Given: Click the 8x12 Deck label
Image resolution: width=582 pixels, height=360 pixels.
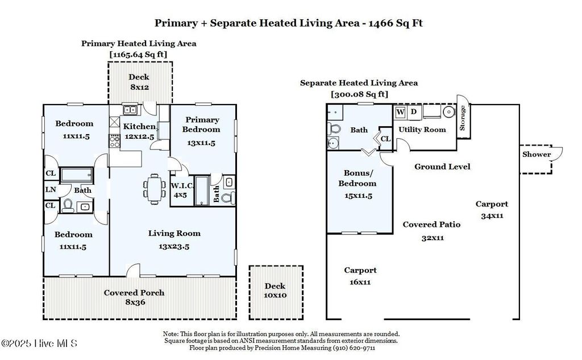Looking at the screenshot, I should tap(139, 82).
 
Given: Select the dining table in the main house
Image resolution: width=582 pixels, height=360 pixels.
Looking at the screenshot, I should tap(154, 186).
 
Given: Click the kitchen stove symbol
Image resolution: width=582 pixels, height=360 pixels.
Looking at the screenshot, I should tap(114, 140).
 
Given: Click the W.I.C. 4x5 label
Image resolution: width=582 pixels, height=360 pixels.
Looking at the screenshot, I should tap(180, 190).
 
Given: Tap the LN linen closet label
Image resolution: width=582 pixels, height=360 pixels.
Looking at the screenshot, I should tap(50, 190).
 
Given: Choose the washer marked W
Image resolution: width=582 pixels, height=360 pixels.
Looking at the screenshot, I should tap(401, 112).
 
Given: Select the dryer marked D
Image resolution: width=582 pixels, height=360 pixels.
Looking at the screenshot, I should tap(414, 112).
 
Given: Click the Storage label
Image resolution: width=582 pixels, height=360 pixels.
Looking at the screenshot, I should tap(462, 118).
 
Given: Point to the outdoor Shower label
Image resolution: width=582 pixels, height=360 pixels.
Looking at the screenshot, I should tap(537, 154).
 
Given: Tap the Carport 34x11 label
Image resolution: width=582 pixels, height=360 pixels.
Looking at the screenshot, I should tap(492, 209).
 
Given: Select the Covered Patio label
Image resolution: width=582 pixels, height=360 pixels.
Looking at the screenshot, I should tap(431, 230).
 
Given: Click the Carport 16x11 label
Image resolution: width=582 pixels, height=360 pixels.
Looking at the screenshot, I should tap(360, 276).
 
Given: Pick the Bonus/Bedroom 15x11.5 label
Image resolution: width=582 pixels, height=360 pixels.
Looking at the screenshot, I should tap(357, 183).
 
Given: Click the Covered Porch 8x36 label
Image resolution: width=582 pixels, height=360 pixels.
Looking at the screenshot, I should tap(134, 297).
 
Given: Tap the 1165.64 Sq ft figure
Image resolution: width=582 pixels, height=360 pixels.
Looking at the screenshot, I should tap(138, 54).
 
